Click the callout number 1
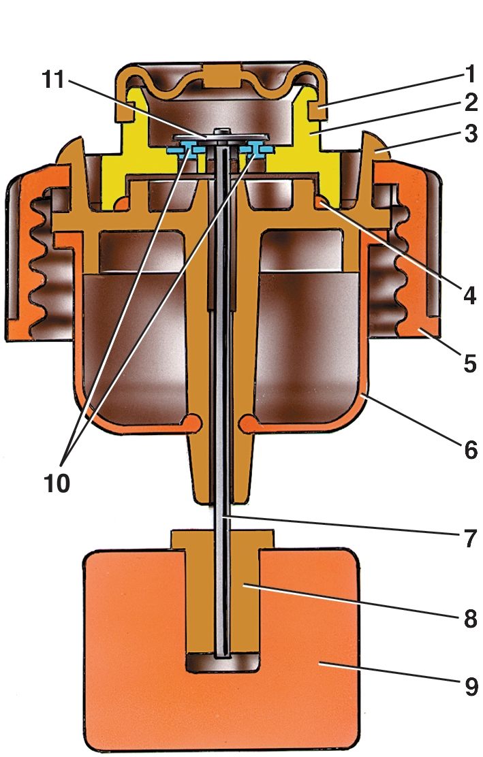click(x=469, y=74)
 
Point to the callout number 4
click(x=469, y=294)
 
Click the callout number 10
click(x=57, y=482)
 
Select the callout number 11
click(x=53, y=79)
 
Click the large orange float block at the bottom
click(x=222, y=649)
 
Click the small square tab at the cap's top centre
click(x=221, y=76)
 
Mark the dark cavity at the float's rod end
click(x=223, y=662)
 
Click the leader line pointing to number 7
click(x=343, y=526)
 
